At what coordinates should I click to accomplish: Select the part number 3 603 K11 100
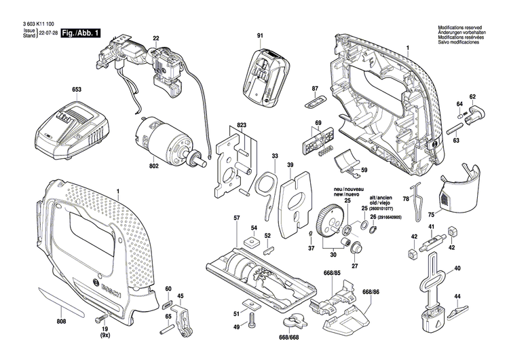pyautogui.click(x=33, y=25)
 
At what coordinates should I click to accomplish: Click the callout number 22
pyautogui.click(x=155, y=38)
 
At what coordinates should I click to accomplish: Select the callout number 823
pyautogui.click(x=241, y=126)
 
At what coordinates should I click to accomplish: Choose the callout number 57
pyautogui.click(x=237, y=217)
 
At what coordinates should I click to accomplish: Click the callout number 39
pyautogui.click(x=290, y=165)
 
